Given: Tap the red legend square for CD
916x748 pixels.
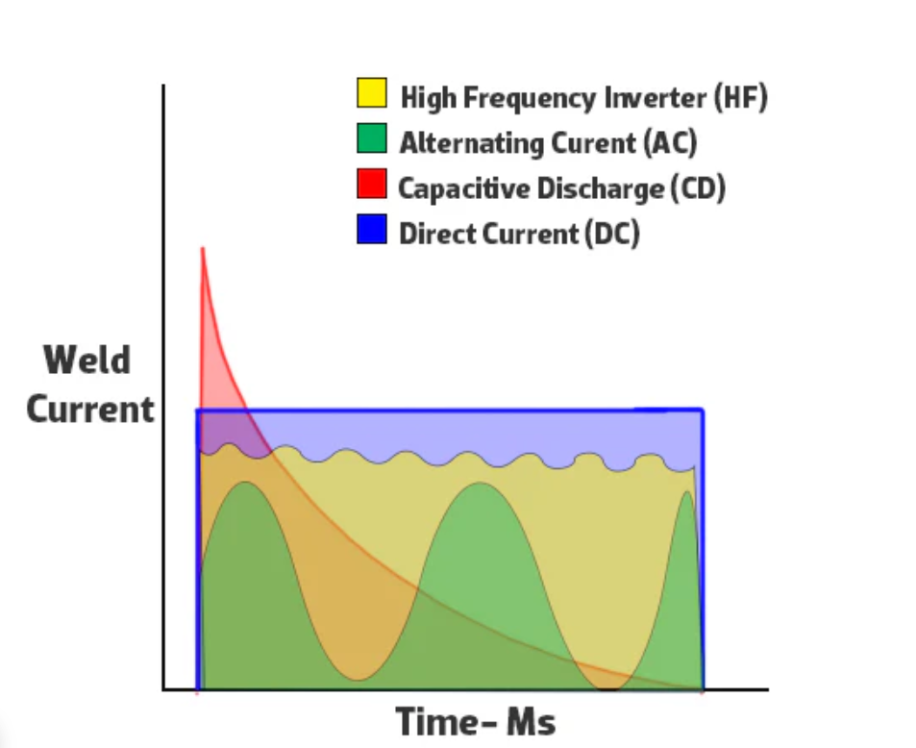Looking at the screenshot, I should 372,184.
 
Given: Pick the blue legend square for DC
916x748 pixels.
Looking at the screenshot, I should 372,229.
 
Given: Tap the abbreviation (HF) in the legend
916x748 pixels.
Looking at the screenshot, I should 740,97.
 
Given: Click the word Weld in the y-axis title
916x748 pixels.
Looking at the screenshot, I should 87,362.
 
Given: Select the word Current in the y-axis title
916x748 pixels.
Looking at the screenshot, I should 89,410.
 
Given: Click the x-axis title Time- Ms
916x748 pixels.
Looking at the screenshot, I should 476,722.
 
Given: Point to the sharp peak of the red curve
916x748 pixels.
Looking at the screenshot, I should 202,250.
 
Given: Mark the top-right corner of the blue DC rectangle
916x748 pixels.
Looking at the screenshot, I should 703,411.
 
